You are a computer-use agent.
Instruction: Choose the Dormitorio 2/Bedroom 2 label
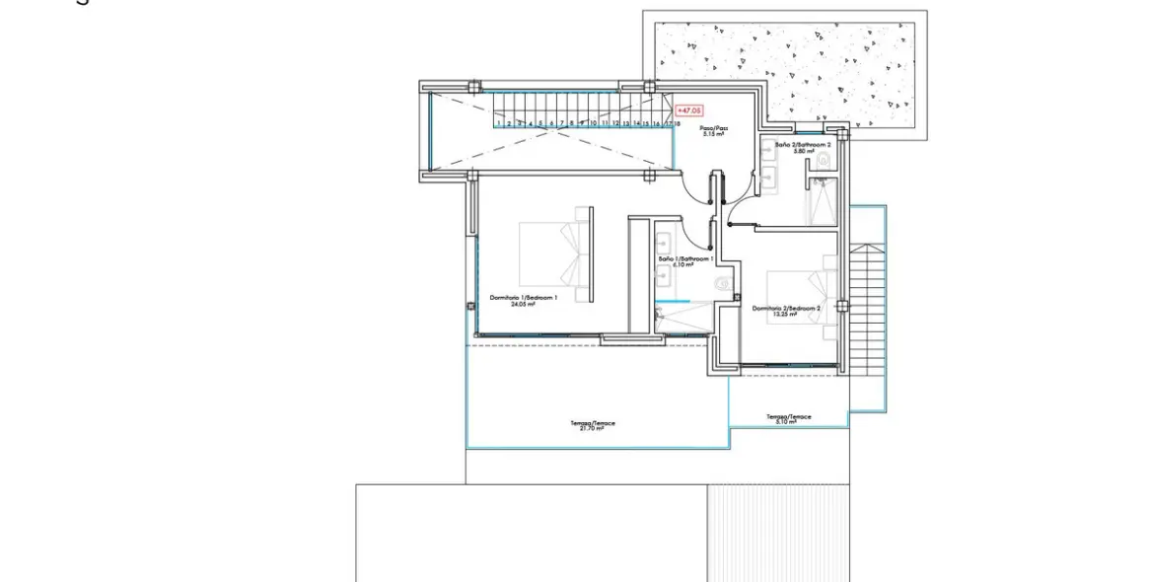786,311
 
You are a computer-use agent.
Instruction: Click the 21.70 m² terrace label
593,426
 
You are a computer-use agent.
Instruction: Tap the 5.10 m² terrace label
789,419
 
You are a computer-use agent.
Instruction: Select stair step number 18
679,124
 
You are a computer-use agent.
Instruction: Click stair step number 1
499,124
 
